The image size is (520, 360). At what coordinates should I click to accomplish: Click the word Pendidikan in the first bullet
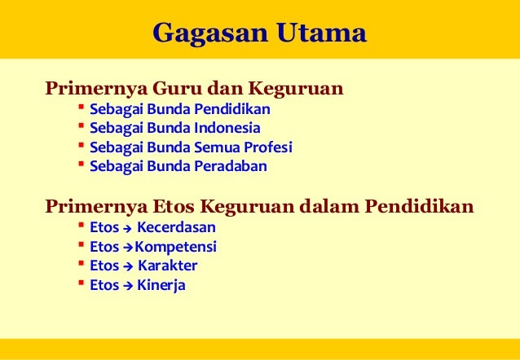232,109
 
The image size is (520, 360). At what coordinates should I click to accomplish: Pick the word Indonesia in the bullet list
227,128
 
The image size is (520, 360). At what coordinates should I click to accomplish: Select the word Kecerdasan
175,227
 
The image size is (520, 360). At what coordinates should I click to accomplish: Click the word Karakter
167,266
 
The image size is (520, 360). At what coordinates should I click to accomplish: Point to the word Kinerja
161,285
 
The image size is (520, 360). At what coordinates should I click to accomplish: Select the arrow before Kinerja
127,286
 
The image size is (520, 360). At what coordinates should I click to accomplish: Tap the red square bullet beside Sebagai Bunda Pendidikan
81,108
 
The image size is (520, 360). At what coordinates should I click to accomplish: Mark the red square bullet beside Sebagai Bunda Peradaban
81,165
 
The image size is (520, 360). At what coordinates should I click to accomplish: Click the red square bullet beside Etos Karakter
81,264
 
